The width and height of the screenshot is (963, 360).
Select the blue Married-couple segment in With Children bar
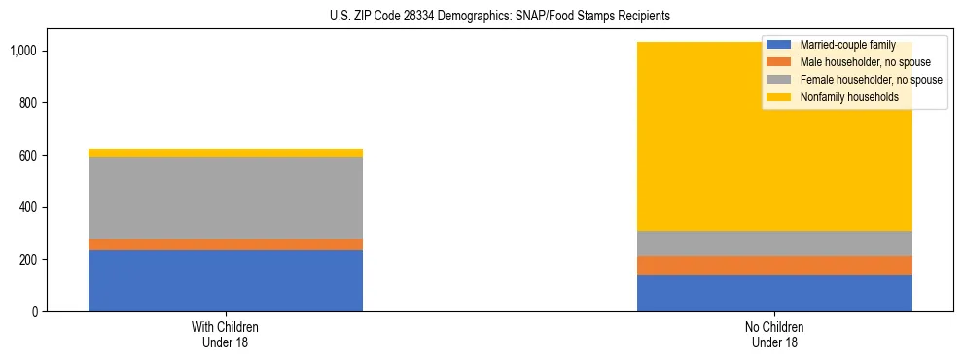(225, 280)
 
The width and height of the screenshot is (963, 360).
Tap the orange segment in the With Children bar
(225, 244)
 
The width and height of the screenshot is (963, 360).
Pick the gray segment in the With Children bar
(225, 198)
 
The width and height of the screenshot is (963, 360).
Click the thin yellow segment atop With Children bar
(225, 153)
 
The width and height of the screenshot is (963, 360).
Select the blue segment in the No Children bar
(774, 293)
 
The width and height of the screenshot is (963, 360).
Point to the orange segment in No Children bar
(774, 266)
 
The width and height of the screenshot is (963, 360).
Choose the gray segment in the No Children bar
(774, 243)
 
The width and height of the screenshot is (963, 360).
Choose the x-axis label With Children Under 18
(225, 334)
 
